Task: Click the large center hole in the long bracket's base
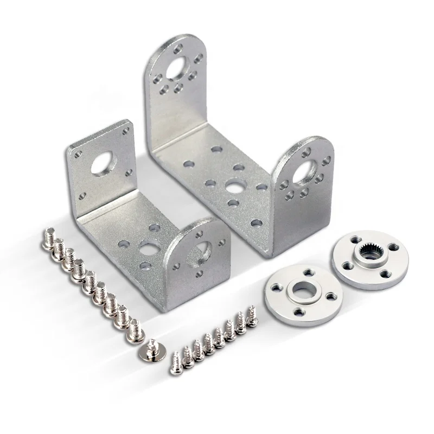[235, 186]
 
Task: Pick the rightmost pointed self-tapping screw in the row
[252, 315]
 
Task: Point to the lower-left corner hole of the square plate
[82, 195]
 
